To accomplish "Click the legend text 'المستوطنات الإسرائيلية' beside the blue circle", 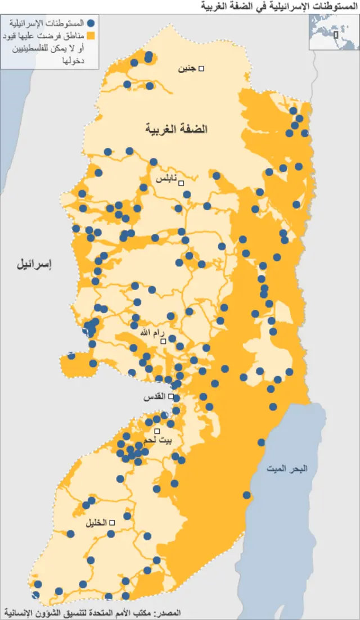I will [56, 24].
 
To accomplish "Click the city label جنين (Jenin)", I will [187, 69].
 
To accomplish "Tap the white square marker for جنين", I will [201, 69].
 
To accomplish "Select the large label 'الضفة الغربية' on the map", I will [177, 129].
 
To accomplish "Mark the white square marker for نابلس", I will [181, 183].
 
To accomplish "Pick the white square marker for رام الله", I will [163, 341].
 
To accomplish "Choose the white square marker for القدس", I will [170, 396].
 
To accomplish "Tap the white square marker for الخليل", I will [112, 523].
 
